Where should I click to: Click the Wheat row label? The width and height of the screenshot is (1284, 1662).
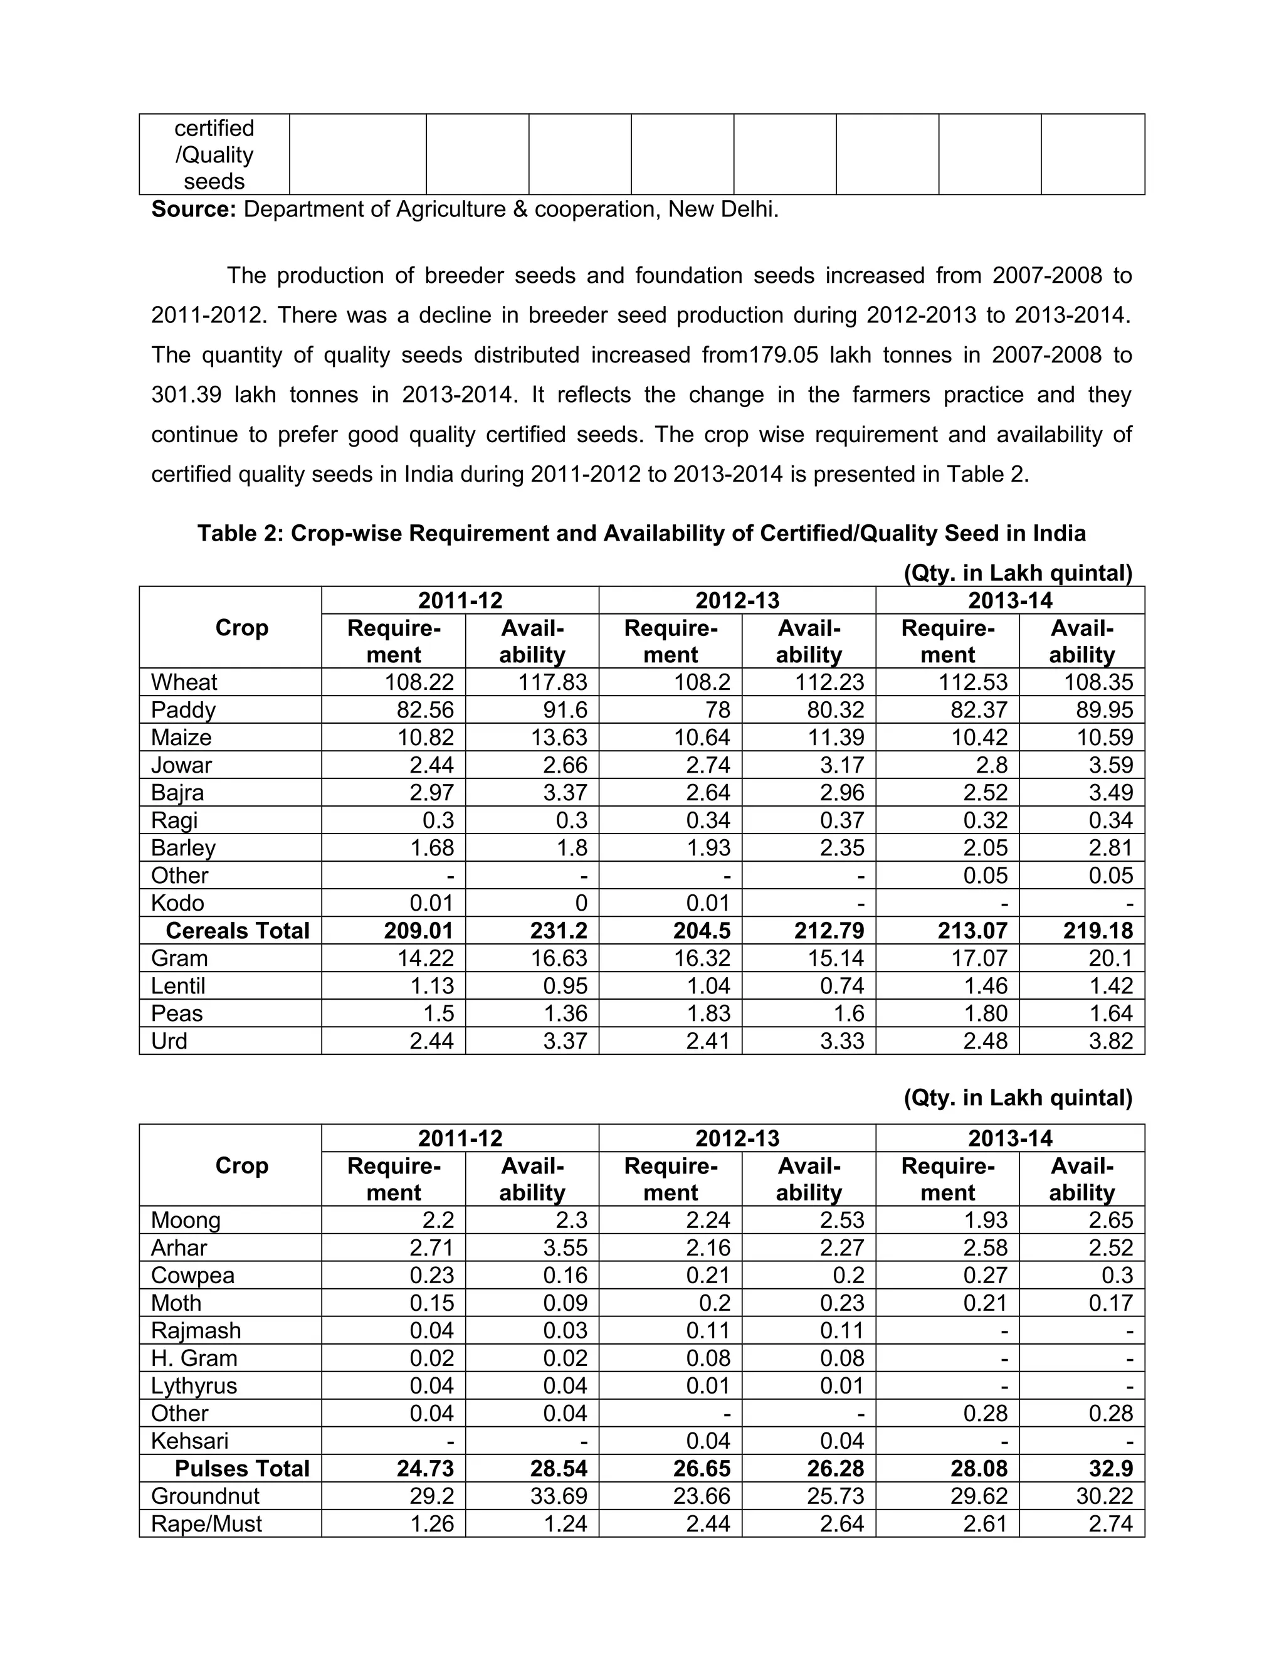tap(184, 682)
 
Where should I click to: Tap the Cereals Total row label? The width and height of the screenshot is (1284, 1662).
tap(238, 930)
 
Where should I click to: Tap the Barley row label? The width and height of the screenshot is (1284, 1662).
tap(183, 848)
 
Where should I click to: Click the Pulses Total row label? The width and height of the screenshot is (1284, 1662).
tap(242, 1468)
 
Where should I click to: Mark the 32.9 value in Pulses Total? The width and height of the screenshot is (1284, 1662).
tap(1112, 1468)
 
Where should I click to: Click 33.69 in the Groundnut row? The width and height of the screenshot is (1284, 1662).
tap(559, 1495)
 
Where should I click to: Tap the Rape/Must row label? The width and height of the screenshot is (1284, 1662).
tap(206, 1523)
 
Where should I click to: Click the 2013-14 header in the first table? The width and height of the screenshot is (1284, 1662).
tap(1009, 600)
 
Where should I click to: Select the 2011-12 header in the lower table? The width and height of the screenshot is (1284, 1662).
tap(460, 1138)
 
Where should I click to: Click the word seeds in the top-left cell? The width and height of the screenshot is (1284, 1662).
tap(214, 181)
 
